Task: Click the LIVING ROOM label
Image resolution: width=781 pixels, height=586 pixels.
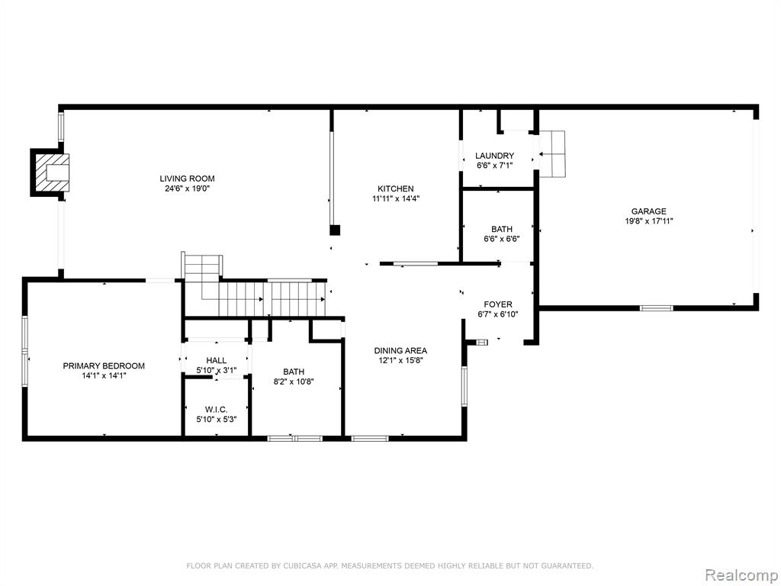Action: pyautogui.click(x=187, y=179)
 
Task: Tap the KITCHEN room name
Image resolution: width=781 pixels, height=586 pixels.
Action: pyautogui.click(x=396, y=189)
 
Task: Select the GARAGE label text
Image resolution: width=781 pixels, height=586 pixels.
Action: pyautogui.click(x=648, y=211)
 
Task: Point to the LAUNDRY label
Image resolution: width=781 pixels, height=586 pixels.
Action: pyautogui.click(x=494, y=156)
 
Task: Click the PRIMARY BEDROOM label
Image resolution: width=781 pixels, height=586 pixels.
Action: pyautogui.click(x=104, y=365)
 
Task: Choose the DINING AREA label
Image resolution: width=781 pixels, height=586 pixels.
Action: pyautogui.click(x=400, y=351)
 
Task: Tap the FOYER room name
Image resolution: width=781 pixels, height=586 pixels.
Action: pyautogui.click(x=497, y=304)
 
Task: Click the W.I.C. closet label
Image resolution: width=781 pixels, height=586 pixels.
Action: pyautogui.click(x=216, y=410)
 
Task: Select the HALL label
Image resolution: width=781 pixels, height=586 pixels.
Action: pyautogui.click(x=216, y=360)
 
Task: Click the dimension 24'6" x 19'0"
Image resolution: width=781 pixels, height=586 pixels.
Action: pyautogui.click(x=187, y=189)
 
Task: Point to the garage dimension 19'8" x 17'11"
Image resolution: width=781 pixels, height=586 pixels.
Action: pyautogui.click(x=648, y=221)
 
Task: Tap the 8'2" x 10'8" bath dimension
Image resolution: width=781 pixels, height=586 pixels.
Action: pyautogui.click(x=294, y=382)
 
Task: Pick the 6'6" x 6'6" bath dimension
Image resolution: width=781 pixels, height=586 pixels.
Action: pyautogui.click(x=502, y=239)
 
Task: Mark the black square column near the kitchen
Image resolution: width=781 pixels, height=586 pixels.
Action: pyautogui.click(x=336, y=230)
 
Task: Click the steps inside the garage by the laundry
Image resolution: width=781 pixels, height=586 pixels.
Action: pyautogui.click(x=552, y=154)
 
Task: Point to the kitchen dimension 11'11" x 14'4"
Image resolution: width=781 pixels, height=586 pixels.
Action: pyautogui.click(x=396, y=199)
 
